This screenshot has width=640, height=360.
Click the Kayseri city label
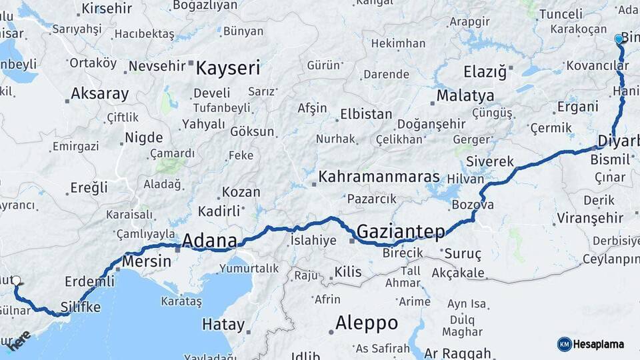click(x=228, y=68)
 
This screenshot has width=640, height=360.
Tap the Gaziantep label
click(x=401, y=231)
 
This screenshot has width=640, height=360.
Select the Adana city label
click(x=209, y=241)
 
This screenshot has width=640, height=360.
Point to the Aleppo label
click(x=367, y=323)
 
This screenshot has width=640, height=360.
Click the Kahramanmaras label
click(x=379, y=177)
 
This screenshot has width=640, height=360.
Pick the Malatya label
click(x=465, y=96)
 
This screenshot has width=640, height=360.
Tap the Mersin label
click(x=146, y=261)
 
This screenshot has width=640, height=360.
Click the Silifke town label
click(x=80, y=307)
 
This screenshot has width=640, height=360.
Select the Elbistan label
click(x=366, y=114)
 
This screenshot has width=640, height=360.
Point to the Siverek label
click(x=490, y=161)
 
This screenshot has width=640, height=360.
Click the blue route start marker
click(x=619, y=39)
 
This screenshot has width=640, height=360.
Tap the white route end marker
click(x=16, y=281)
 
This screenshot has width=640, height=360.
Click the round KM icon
click(x=564, y=344)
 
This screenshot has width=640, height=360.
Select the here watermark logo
click(x=18, y=340)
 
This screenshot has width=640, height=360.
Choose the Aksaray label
click(x=99, y=94)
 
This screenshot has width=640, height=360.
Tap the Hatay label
click(x=223, y=325)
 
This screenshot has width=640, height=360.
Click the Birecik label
click(x=403, y=253)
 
